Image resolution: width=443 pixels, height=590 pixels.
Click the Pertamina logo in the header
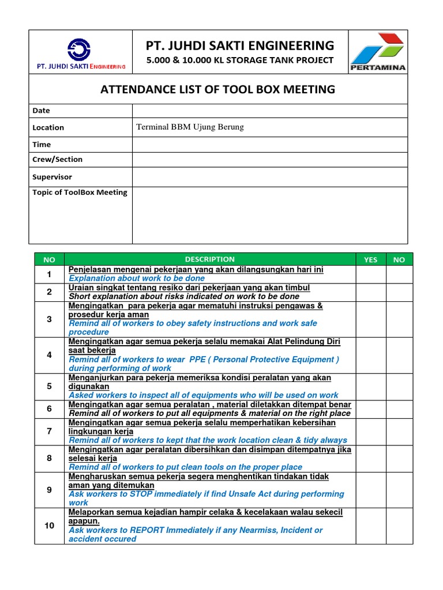coord(378,52)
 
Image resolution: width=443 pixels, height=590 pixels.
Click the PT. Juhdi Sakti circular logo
coord(79,50)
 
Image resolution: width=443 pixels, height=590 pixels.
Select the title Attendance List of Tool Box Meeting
coord(217,89)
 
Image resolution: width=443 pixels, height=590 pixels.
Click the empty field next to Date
coord(269,110)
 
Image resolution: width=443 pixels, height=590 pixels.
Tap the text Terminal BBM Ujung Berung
coord(190,127)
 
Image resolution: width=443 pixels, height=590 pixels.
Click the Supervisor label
coord(52,177)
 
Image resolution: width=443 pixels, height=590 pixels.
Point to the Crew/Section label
coord(58,159)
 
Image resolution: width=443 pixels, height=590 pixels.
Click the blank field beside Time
coord(269,144)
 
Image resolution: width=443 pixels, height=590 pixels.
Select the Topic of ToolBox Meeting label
coord(80,192)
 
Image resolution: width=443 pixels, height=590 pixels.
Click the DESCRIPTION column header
coord(209,259)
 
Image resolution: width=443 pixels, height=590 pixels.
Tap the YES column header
coord(370,260)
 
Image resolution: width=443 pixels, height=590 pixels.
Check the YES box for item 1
coord(370,274)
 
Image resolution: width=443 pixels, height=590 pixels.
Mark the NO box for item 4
coord(399,355)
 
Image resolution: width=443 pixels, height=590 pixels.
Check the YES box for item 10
coord(370,525)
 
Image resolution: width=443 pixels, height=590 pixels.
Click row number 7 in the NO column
coord(50,431)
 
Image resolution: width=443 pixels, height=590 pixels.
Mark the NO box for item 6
coord(399,409)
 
